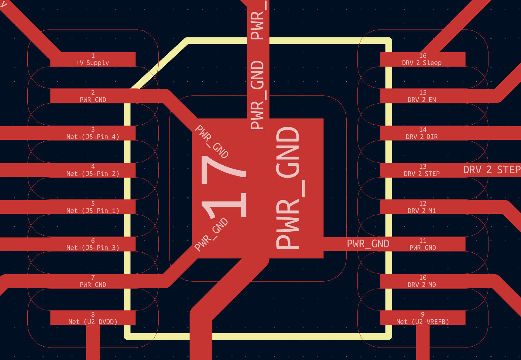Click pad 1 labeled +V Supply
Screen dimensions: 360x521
click(93, 59)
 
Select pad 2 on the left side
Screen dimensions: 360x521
click(93, 96)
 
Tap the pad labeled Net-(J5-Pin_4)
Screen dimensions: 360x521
click(93, 133)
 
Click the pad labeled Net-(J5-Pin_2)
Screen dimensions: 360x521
click(93, 170)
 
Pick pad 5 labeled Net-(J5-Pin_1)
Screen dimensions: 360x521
click(93, 207)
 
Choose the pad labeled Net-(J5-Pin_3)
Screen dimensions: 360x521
click(93, 244)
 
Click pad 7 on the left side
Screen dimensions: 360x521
click(93, 281)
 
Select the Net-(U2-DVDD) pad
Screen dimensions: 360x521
click(93, 318)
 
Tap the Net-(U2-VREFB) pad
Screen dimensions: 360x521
click(423, 318)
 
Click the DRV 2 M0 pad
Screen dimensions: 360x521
click(423, 281)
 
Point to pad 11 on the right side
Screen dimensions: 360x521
click(423, 244)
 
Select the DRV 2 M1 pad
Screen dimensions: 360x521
click(423, 207)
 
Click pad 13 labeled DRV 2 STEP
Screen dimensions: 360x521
click(423, 170)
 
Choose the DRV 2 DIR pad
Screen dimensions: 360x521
click(423, 133)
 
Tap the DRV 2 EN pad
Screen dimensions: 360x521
click(423, 96)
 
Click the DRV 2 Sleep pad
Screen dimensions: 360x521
click(423, 59)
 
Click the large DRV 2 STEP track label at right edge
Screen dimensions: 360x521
click(492, 170)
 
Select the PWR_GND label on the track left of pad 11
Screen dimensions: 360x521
click(368, 244)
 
